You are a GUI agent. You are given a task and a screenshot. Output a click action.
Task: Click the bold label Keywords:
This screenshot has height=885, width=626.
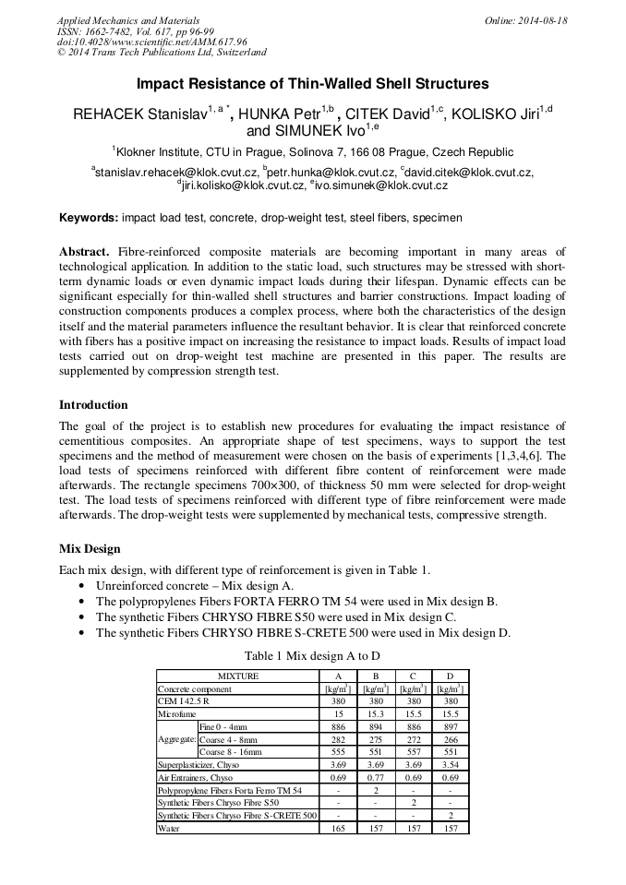pos(89,218)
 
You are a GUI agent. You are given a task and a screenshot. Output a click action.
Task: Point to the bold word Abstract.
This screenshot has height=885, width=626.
pos(85,251)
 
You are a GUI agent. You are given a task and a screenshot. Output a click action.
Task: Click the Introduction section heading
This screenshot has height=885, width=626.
pos(93,404)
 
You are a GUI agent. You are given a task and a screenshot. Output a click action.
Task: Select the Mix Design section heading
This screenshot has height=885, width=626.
pos(90,548)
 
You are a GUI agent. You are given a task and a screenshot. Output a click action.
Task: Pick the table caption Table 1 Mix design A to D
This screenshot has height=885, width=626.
pos(312,655)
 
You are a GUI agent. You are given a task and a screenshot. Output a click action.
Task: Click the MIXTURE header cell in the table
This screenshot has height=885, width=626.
pos(238,676)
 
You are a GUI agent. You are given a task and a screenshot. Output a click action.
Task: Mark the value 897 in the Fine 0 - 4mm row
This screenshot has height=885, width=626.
pos(449,727)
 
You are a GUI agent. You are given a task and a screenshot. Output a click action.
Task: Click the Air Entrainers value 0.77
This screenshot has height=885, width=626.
pos(375,778)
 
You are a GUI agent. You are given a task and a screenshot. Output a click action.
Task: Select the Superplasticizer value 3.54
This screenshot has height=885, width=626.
pos(449,765)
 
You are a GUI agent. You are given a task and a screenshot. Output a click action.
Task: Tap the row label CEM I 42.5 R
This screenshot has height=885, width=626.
pos(184,701)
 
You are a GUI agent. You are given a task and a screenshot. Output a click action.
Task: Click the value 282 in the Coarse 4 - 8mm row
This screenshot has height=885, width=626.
pos(338,740)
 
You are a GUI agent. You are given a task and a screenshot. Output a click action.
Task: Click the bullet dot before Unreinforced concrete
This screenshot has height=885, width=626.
pos(84,586)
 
